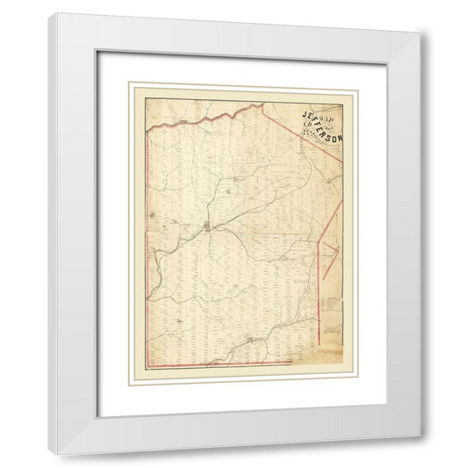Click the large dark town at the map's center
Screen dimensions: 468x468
[207, 228]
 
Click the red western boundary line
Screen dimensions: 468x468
[148, 246]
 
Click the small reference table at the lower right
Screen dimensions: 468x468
[330, 304]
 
